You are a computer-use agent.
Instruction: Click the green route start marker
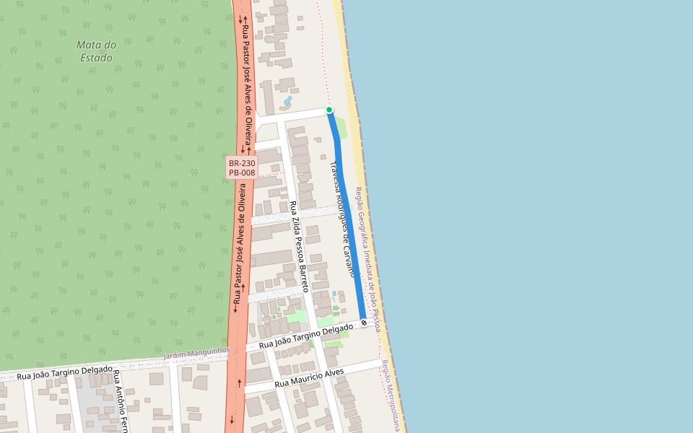tap(329, 110)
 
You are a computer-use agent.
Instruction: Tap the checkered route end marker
tap(364, 322)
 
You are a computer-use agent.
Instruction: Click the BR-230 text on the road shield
tap(242, 163)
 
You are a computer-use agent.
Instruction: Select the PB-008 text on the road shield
tap(242, 173)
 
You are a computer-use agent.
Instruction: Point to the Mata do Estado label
tap(96, 51)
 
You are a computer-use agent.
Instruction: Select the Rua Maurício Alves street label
tap(310, 377)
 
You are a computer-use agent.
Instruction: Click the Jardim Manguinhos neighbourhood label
tap(196, 354)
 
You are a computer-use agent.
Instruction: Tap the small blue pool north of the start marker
tap(287, 100)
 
